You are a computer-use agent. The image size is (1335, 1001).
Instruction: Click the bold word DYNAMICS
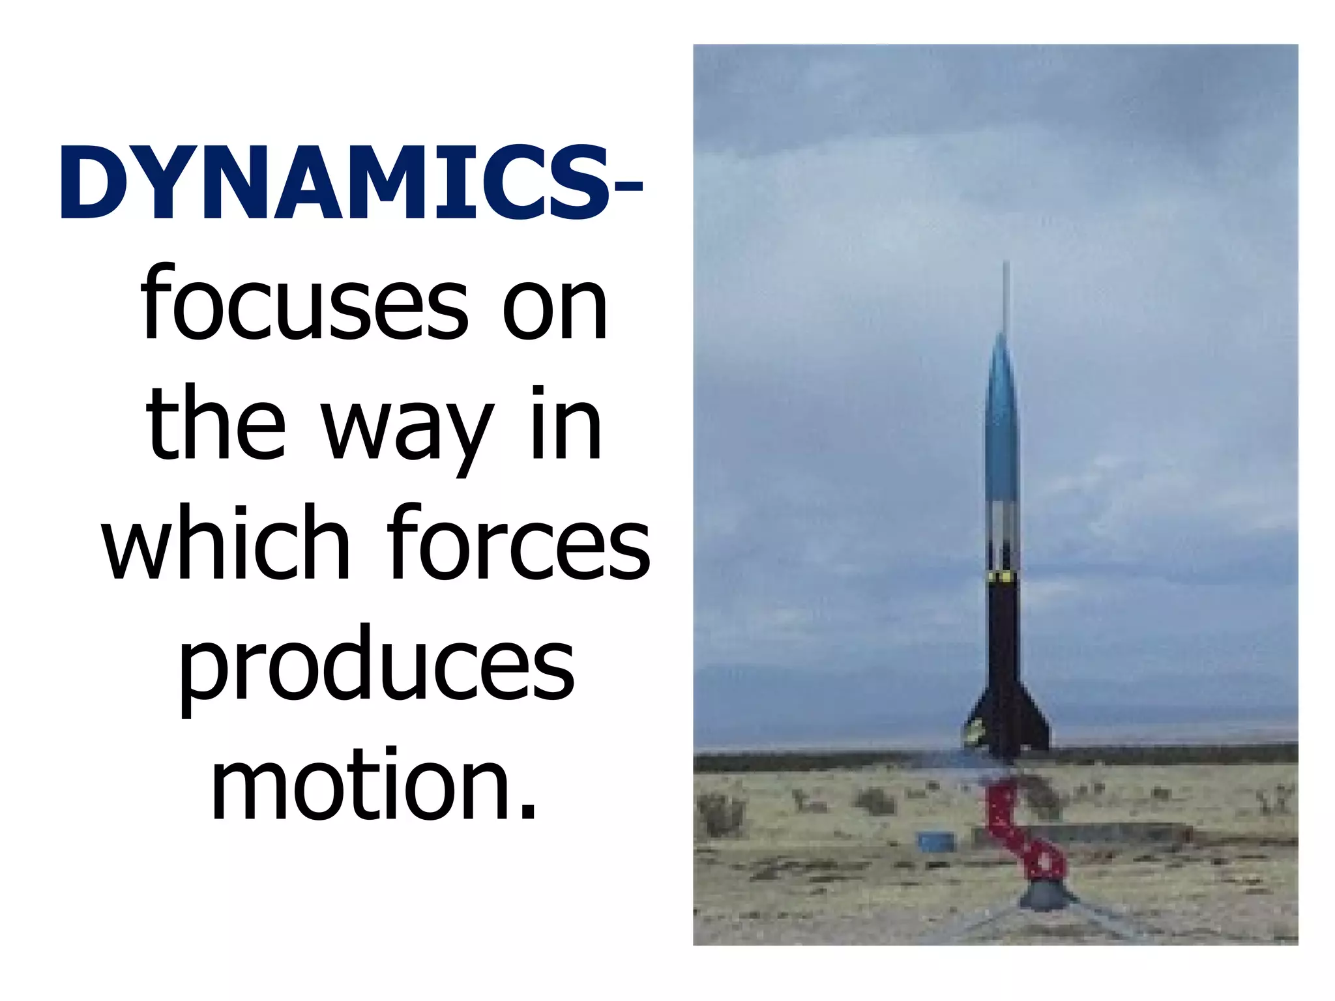pos(334,184)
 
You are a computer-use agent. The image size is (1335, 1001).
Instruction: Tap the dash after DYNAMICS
pos(628,188)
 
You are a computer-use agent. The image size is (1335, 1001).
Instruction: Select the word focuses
pos(304,305)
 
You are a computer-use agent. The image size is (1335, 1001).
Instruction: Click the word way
pos(409,427)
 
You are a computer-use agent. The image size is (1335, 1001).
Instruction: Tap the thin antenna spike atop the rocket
pos(1006,293)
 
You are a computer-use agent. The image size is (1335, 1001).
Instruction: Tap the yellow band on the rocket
pos(1003,578)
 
